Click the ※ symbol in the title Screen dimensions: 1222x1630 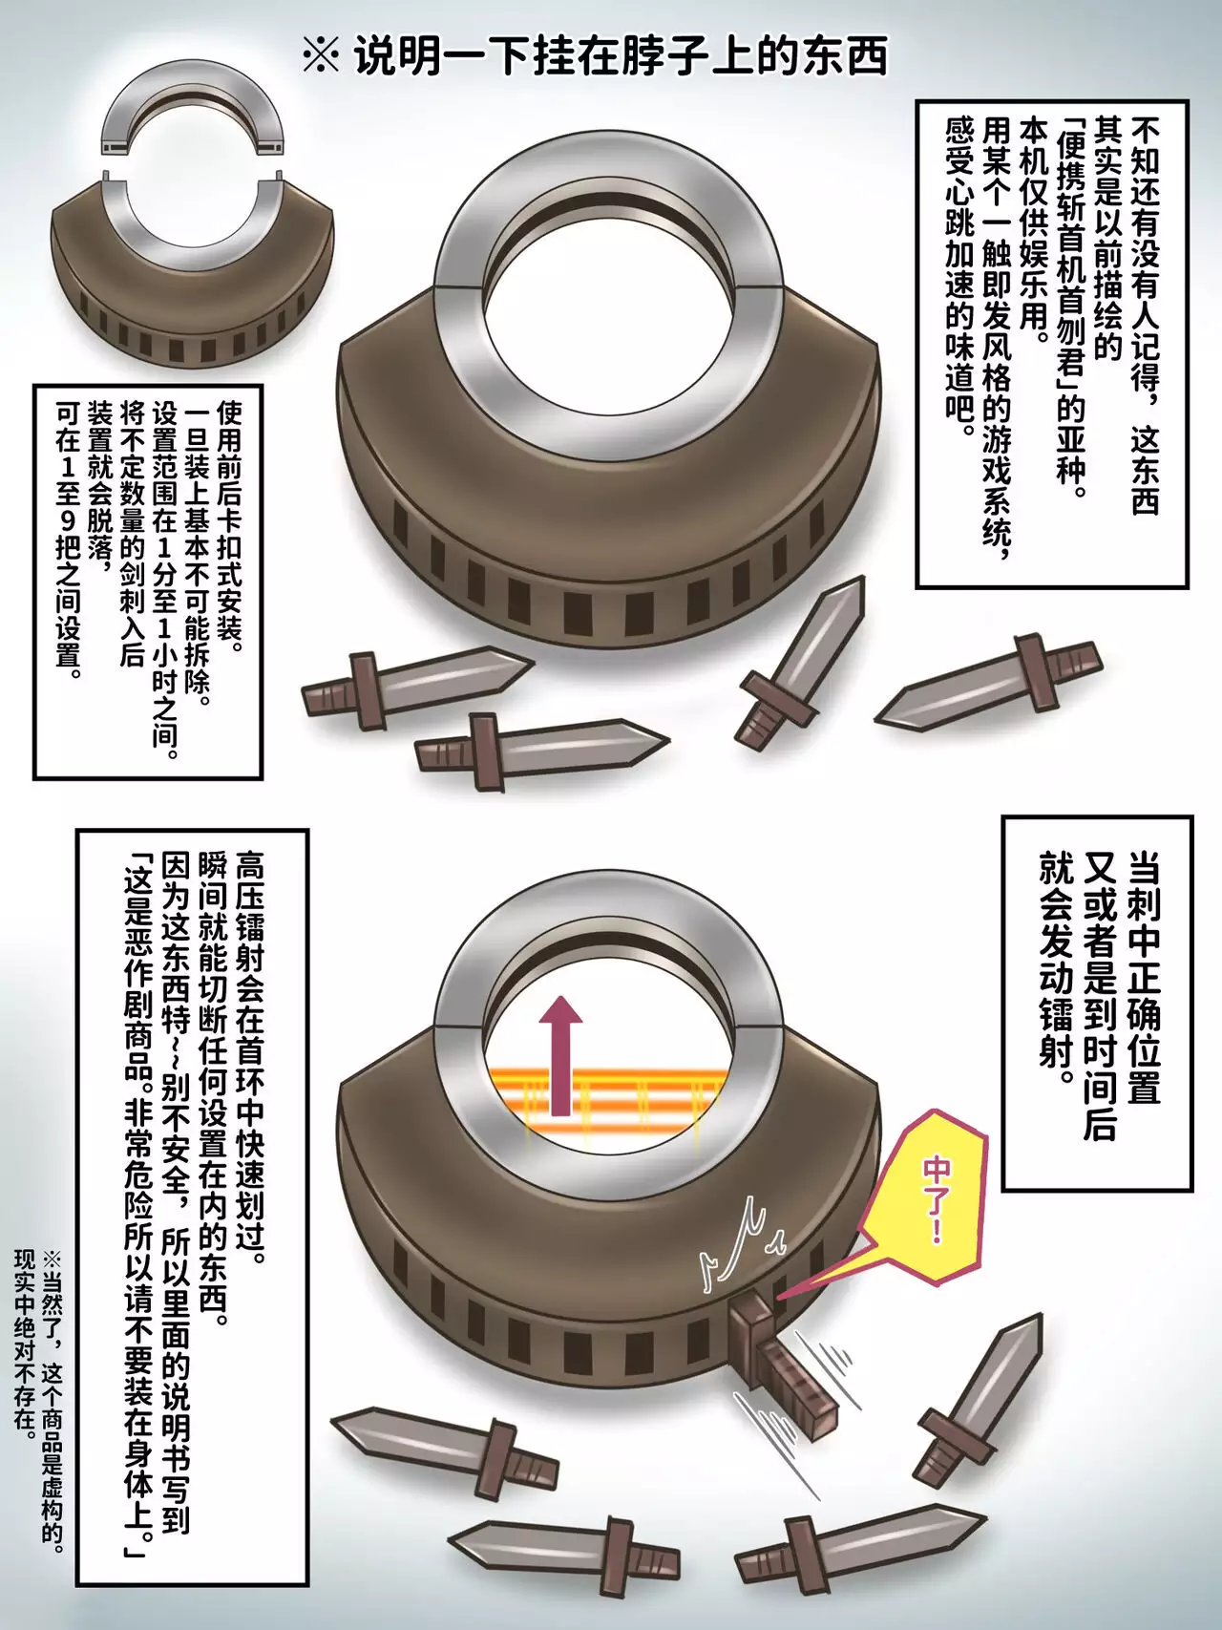tap(321, 55)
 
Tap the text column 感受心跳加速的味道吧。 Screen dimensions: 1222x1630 tap(960, 277)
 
